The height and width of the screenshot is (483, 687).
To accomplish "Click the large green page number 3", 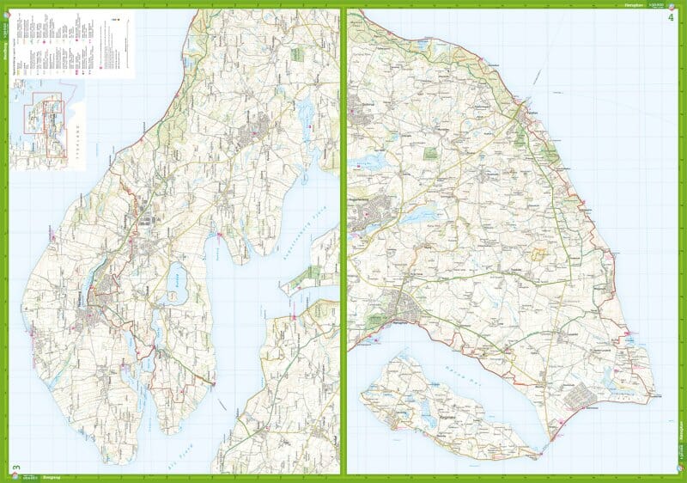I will coord(15,468).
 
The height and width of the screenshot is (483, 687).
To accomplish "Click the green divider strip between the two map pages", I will coord(343,241).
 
